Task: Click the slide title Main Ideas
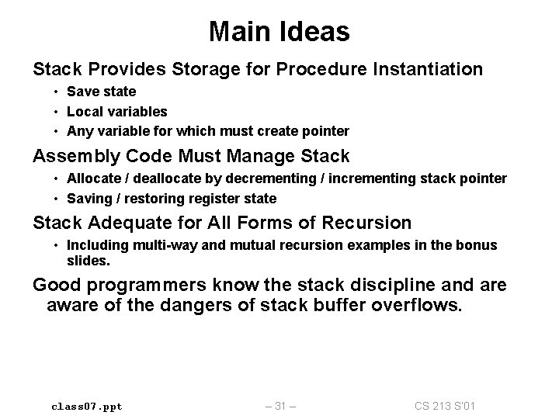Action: pyautogui.click(x=279, y=32)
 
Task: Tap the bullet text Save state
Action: pyautogui.click(x=101, y=92)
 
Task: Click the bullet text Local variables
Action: pyautogui.click(x=116, y=112)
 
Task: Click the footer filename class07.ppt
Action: pyautogui.click(x=86, y=406)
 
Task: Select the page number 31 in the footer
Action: pyautogui.click(x=279, y=406)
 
